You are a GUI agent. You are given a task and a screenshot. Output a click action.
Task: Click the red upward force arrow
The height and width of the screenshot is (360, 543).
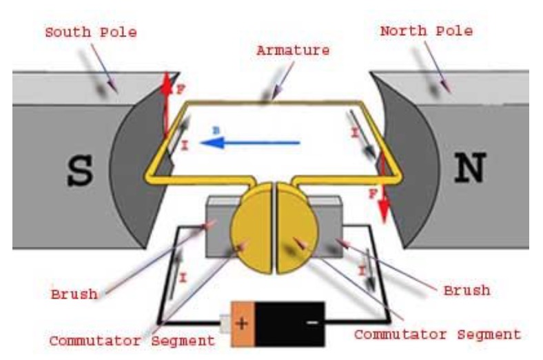click(165, 103)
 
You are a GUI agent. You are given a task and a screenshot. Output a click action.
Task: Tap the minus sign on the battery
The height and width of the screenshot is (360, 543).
click(311, 322)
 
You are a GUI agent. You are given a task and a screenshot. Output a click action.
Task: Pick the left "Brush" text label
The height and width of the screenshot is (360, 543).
click(74, 294)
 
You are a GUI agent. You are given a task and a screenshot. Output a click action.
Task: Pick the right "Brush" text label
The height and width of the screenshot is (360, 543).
click(466, 290)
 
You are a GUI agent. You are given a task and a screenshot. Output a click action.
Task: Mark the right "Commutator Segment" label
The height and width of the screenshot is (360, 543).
click(437, 335)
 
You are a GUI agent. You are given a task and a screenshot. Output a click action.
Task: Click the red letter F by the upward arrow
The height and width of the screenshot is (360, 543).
click(181, 90)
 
